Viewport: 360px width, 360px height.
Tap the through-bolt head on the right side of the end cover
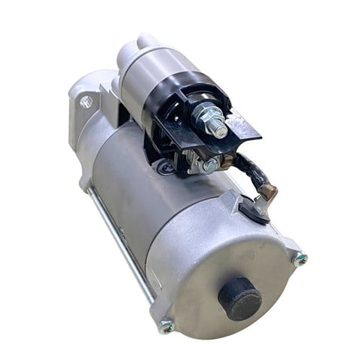[x=301, y=259]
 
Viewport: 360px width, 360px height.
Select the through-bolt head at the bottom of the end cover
[x=166, y=326]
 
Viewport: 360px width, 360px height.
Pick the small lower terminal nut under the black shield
[x=211, y=163]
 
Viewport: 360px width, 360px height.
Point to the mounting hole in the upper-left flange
[x=87, y=101]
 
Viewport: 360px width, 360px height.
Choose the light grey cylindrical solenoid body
[x=154, y=64]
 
